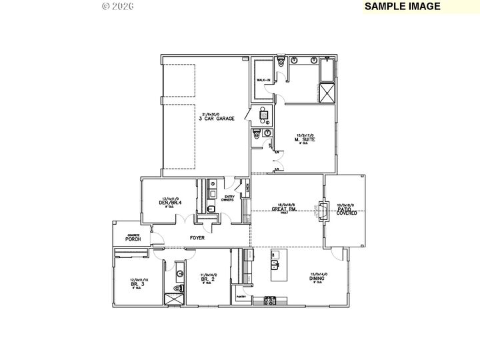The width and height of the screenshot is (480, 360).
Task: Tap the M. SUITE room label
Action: [305, 139]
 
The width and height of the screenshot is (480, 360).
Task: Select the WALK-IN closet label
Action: [263, 81]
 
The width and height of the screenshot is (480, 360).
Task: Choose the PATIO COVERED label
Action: [346, 211]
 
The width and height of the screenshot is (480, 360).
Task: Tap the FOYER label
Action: [197, 237]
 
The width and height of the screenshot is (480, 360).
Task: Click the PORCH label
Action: [132, 239]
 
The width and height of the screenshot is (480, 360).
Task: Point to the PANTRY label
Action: [241, 297]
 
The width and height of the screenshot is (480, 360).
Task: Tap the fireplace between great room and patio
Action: [321, 211]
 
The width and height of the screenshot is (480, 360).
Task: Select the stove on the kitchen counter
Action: [271, 301]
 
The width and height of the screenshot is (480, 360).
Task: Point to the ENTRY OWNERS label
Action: [229, 198]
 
